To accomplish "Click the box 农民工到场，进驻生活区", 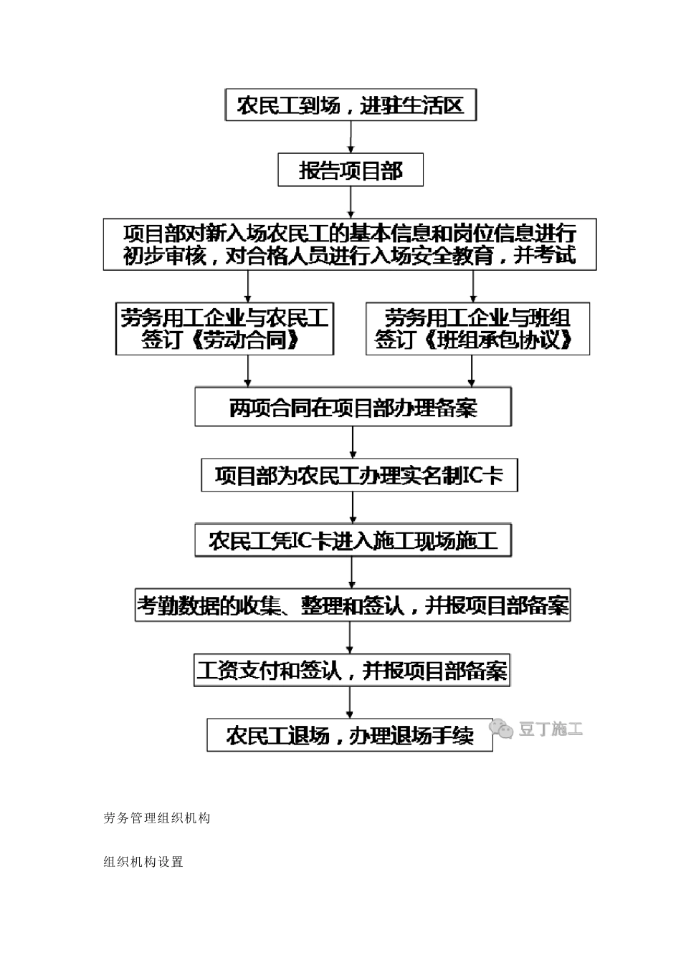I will pos(351,106).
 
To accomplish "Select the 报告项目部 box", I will pos(351,171).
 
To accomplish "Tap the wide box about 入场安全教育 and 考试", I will pos(350,244).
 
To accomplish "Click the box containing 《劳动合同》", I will pos(224,329).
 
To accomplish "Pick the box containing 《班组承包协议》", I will pos(477,329).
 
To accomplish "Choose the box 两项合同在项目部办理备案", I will pos(353,407).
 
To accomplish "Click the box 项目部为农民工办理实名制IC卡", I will pos(359,475).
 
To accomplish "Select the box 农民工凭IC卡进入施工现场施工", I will pos(353,540).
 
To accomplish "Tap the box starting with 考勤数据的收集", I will pos(353,605).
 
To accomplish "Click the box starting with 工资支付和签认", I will pos(351,671).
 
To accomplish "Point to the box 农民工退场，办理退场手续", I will pos(350,735).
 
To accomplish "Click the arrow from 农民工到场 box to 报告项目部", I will pos(351,137).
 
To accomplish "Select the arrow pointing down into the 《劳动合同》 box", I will pos(248,287).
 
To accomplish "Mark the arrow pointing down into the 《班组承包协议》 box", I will pos(473,287).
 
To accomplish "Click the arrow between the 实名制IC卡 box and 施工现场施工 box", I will pos(353,508).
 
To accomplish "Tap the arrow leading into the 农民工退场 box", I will pos(350,703).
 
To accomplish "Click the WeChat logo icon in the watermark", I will pos(501,729).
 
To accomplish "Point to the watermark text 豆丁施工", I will pos(551,729).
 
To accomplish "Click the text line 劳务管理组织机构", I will pos(157,818).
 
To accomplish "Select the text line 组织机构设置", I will pos(143,862).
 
